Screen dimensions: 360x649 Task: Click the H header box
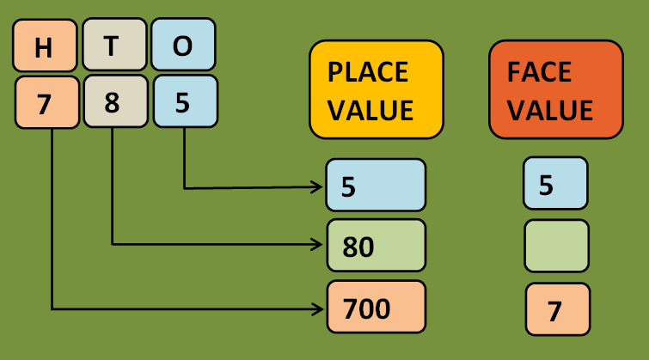click(x=45, y=46)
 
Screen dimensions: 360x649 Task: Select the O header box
click(x=183, y=46)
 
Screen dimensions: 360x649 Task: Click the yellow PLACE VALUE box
click(x=376, y=89)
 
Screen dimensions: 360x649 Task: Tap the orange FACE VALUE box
click(x=555, y=89)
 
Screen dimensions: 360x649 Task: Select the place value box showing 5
click(x=376, y=185)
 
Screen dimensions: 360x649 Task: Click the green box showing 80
click(x=376, y=246)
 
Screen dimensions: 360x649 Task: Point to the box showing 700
click(x=376, y=307)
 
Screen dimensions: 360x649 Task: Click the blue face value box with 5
click(x=555, y=183)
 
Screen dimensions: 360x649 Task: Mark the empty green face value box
click(x=556, y=246)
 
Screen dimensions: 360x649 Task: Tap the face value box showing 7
click(x=556, y=309)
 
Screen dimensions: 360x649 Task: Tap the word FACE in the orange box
click(x=540, y=72)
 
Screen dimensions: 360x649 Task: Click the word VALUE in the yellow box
click(x=370, y=109)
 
